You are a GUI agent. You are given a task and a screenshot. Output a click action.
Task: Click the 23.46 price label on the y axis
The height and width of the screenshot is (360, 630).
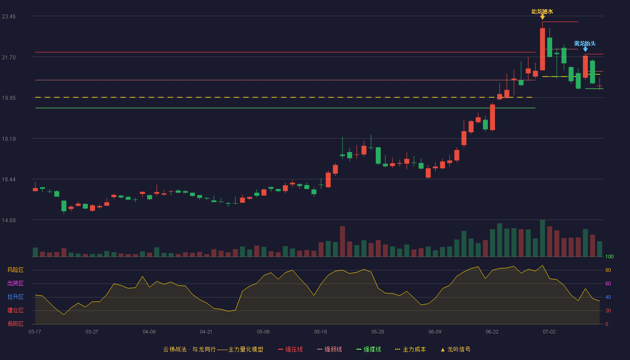click(x=9, y=17)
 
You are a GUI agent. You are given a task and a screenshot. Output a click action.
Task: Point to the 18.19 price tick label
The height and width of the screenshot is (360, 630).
click(x=9, y=139)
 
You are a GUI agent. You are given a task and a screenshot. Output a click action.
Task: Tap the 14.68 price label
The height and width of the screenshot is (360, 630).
click(x=9, y=220)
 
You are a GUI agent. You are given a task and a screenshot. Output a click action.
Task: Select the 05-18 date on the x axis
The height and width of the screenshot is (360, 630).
click(x=320, y=332)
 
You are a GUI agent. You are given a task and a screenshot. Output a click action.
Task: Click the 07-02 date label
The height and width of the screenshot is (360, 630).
click(x=549, y=332)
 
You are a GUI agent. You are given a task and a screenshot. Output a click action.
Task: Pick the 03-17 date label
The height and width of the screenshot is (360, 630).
click(x=35, y=332)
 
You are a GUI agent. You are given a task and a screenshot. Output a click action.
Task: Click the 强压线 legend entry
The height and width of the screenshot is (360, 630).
click(x=290, y=349)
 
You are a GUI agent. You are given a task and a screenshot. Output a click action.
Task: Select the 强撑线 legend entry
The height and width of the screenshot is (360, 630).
click(x=369, y=349)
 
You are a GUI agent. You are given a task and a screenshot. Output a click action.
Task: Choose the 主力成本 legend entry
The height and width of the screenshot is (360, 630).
click(x=410, y=349)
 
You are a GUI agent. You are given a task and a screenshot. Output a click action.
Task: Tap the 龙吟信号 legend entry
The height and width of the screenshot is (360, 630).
click(x=455, y=349)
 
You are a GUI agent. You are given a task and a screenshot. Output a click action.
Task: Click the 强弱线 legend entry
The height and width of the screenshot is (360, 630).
click(x=329, y=349)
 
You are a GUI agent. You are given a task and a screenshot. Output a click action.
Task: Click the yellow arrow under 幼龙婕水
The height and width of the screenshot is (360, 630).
click(x=543, y=17)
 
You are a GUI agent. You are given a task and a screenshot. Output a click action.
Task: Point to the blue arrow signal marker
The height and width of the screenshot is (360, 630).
click(x=585, y=49)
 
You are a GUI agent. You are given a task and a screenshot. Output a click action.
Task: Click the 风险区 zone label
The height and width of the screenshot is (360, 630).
click(x=15, y=270)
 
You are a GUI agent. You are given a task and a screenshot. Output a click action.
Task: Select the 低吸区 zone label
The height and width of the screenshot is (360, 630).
click(x=15, y=324)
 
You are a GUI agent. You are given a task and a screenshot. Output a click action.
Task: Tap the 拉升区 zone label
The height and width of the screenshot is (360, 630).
click(x=15, y=297)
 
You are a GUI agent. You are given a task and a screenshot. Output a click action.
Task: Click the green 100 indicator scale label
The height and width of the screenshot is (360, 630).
click(x=609, y=256)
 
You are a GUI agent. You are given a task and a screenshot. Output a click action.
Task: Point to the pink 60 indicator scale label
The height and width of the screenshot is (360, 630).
click(x=608, y=283)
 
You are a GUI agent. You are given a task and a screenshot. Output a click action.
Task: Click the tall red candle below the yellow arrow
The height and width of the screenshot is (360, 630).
click(x=543, y=49)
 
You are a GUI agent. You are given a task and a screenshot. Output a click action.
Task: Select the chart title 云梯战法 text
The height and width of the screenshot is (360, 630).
click(x=175, y=349)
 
